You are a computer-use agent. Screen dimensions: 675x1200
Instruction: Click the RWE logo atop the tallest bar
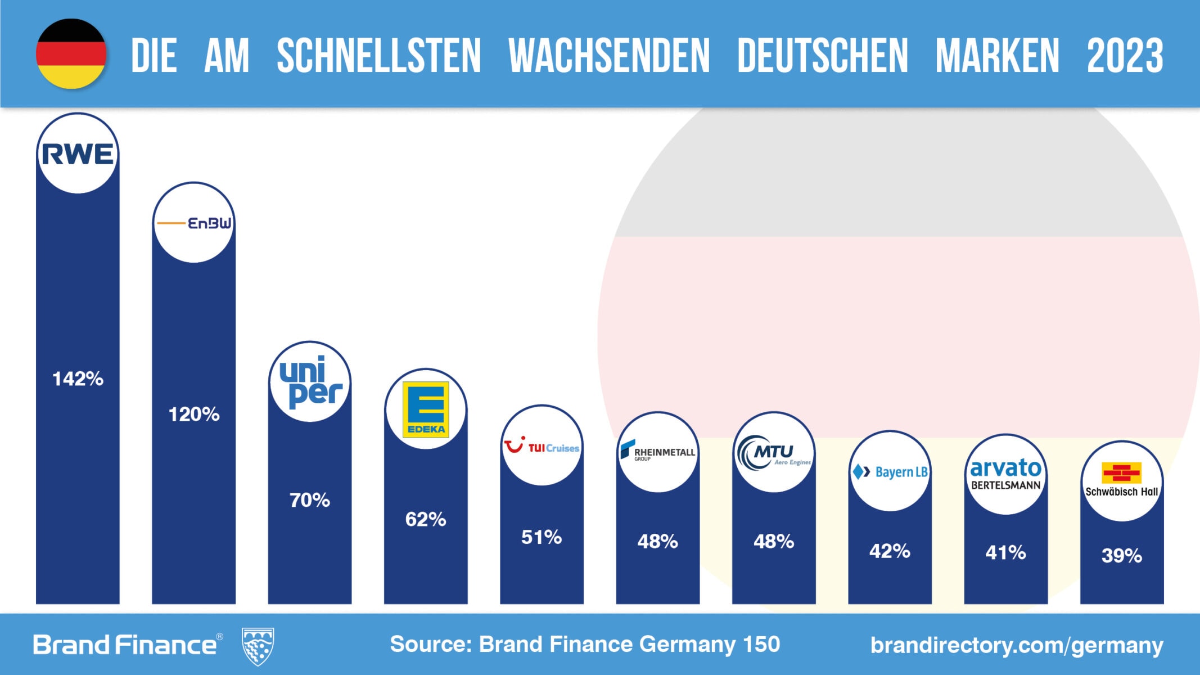(78, 154)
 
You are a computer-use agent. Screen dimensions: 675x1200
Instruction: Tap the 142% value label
(78, 379)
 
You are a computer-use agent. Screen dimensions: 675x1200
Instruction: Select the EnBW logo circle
(194, 223)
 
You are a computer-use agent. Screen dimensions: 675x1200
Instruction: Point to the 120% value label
(194, 415)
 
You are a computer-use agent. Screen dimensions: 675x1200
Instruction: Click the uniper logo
(310, 382)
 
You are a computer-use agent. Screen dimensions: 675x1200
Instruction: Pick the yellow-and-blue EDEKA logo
(426, 409)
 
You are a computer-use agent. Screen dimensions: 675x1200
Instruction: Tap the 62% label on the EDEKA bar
(426, 519)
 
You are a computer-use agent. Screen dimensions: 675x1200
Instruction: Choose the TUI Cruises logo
(542, 446)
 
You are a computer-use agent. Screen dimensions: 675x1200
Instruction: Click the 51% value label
(542, 537)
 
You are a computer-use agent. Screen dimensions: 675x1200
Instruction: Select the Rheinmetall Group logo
(657, 452)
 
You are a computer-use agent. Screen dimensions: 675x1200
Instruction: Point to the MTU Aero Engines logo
(774, 452)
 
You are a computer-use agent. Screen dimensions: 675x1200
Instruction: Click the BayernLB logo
(890, 471)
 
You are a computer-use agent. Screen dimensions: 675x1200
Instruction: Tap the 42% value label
(890, 551)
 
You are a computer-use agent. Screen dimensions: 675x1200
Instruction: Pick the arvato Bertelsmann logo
(1005, 474)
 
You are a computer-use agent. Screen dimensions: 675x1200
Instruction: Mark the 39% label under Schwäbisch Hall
(1121, 556)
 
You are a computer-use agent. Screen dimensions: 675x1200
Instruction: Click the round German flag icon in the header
(71, 54)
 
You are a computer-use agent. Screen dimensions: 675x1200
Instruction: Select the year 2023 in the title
(1125, 56)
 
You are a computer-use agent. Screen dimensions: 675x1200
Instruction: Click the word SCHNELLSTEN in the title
(378, 56)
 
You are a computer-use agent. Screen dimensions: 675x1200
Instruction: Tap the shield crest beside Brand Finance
(258, 646)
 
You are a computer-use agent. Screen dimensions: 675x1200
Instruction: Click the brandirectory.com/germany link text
(1016, 645)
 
